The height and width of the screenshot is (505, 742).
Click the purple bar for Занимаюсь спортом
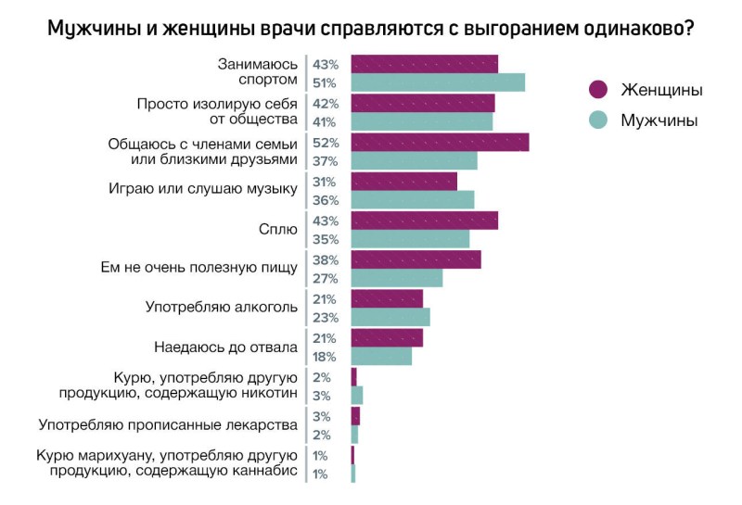click(x=424, y=63)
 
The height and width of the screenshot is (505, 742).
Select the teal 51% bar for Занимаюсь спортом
click(x=438, y=82)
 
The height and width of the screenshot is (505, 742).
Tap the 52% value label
click(x=326, y=142)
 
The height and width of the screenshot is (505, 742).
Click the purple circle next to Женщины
click(x=598, y=89)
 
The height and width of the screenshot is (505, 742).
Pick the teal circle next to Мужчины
click(x=598, y=120)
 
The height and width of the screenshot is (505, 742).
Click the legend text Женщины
click(x=661, y=89)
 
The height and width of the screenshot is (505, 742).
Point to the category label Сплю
click(x=279, y=229)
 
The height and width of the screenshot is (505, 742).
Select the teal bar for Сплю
click(x=410, y=238)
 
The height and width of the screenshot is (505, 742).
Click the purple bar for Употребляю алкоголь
click(x=387, y=297)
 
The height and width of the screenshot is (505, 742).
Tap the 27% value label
click(x=326, y=278)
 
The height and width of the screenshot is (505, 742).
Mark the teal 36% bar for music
click(x=412, y=199)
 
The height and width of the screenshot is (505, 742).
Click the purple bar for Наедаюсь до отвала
click(x=387, y=337)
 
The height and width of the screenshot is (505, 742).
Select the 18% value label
click(x=326, y=357)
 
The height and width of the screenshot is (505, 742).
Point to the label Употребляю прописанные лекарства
click(x=168, y=425)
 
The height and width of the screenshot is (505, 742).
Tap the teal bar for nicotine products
click(x=357, y=396)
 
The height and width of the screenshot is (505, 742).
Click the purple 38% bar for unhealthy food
click(x=416, y=259)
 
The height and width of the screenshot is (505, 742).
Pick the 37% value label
click(x=326, y=160)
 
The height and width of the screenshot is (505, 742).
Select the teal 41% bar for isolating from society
click(x=421, y=120)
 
